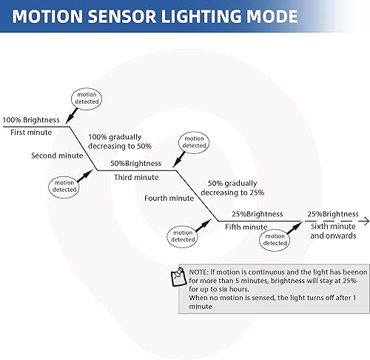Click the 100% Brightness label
[x=32, y=120]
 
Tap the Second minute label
[x=57, y=156]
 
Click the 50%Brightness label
[x=135, y=163]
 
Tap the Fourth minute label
[x=168, y=198]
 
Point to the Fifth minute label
[x=246, y=227]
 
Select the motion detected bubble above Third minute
[x=194, y=142]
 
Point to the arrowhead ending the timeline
[x=364, y=220]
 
